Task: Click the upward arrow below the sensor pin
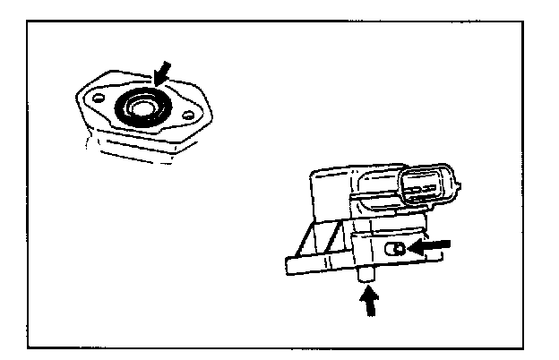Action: [367, 304]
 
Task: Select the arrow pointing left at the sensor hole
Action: [431, 244]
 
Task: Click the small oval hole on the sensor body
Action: [393, 245]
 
